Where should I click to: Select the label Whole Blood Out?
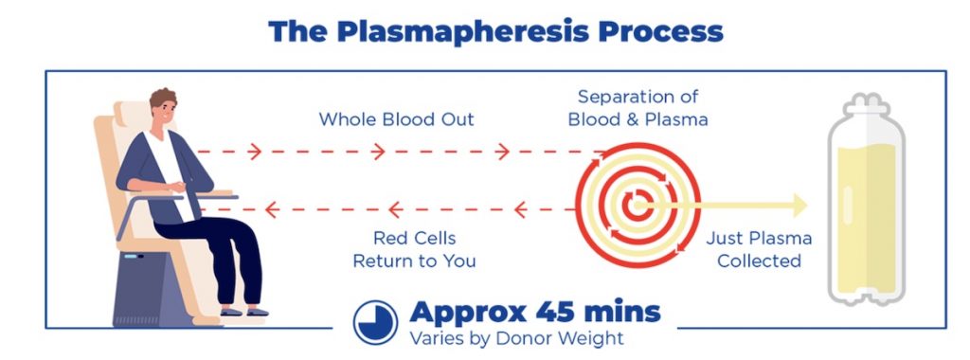coord(396,120)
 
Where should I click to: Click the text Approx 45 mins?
coord(534,313)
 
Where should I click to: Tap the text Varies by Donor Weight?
coord(516,337)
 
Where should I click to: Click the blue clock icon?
coord(375,322)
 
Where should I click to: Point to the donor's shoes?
coord(242,310)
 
